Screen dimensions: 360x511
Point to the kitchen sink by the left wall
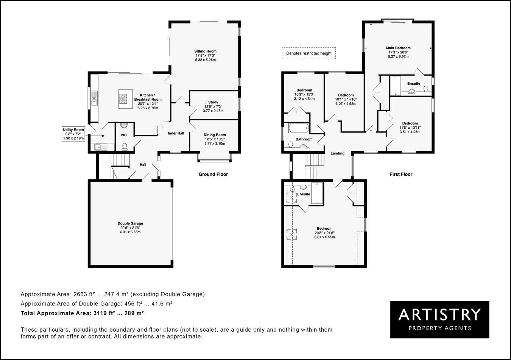(x=94, y=101)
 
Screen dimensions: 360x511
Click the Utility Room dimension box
(x=73, y=134)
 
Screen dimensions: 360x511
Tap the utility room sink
(x=101, y=146)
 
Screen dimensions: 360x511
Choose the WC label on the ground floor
(x=124, y=135)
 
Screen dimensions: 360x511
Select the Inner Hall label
(x=176, y=133)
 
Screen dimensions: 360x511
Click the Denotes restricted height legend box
(x=308, y=53)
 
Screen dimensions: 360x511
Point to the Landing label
(x=337, y=153)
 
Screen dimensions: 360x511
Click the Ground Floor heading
(x=213, y=175)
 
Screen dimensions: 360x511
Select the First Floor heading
(x=401, y=175)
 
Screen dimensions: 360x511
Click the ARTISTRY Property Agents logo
(x=439, y=319)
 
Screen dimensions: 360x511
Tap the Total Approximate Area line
(x=82, y=313)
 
